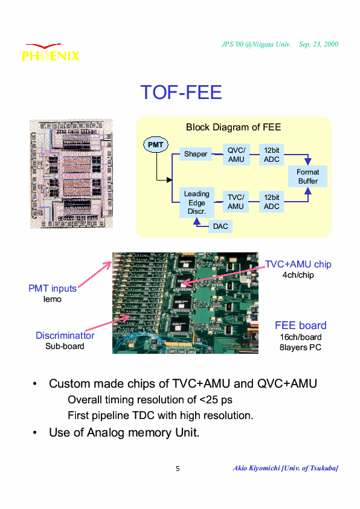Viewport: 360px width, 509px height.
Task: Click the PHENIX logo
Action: pos(51,53)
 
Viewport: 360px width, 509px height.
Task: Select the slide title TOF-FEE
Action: pos(181,92)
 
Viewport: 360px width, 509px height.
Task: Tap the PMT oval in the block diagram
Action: pos(156,145)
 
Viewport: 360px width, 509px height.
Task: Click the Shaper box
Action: pos(196,154)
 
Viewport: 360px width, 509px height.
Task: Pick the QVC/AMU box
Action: pos(236,155)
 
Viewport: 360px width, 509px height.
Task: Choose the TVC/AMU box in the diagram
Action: pos(236,202)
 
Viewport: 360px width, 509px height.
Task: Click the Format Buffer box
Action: pos(307,176)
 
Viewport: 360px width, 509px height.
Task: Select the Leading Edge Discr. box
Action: pos(197,202)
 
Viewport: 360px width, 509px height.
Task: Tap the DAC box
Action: pos(220,226)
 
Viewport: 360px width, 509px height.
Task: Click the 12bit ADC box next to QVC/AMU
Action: pos(271,155)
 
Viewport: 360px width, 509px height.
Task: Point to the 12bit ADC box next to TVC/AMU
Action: pos(271,202)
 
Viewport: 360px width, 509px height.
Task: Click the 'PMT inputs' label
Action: pos(53,288)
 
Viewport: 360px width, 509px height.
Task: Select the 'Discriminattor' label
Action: pos(65,335)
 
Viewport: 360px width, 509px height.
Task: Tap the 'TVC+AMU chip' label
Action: pos(298,264)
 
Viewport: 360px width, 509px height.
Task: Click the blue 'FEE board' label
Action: pos(301,325)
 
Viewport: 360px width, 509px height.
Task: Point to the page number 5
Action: pos(178,469)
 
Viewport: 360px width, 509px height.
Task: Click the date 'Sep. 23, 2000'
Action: pos(318,44)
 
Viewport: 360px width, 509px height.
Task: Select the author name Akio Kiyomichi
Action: pos(257,468)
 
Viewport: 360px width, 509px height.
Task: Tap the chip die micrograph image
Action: pos(71,174)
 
